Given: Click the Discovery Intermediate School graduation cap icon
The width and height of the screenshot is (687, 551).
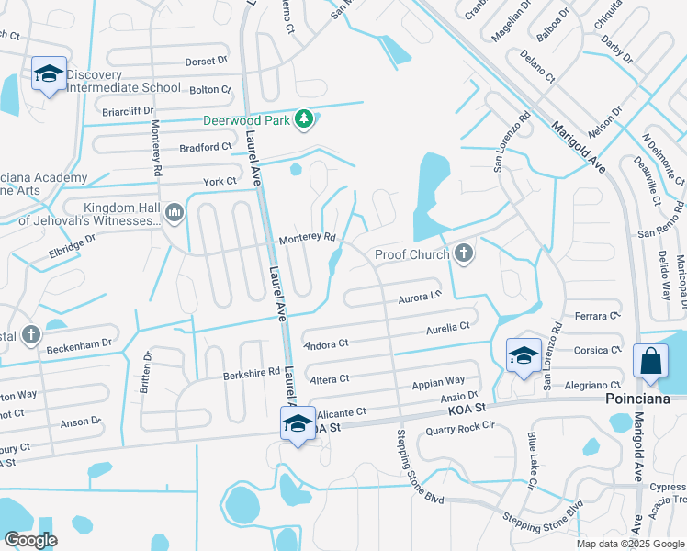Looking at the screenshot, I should click(x=49, y=74).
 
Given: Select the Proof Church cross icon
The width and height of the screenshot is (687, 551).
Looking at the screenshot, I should click(x=464, y=253).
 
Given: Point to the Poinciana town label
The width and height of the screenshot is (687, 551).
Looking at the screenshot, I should click(x=645, y=399).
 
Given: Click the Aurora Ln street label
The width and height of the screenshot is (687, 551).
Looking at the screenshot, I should click(x=420, y=298).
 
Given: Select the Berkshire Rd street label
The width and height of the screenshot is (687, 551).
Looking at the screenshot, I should click(x=251, y=374).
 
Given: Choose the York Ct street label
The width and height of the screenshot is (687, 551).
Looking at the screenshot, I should click(x=220, y=182).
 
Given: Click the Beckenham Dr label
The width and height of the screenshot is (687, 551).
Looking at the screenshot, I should click(x=81, y=343).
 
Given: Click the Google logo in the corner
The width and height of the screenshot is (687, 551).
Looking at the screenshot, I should click(x=30, y=539).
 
